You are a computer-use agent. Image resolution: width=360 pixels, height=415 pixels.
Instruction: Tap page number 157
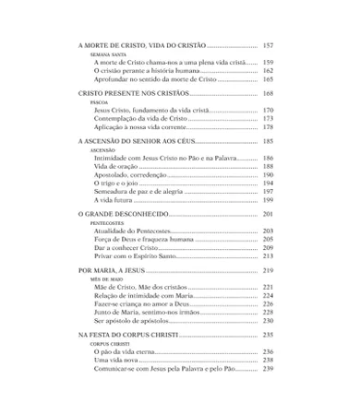tap(268, 45)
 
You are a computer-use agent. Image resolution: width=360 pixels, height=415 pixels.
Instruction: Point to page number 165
tap(268, 80)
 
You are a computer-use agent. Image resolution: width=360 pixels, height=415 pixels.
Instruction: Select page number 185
tap(268, 142)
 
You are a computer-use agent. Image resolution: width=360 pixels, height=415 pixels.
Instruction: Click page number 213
tap(268, 255)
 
